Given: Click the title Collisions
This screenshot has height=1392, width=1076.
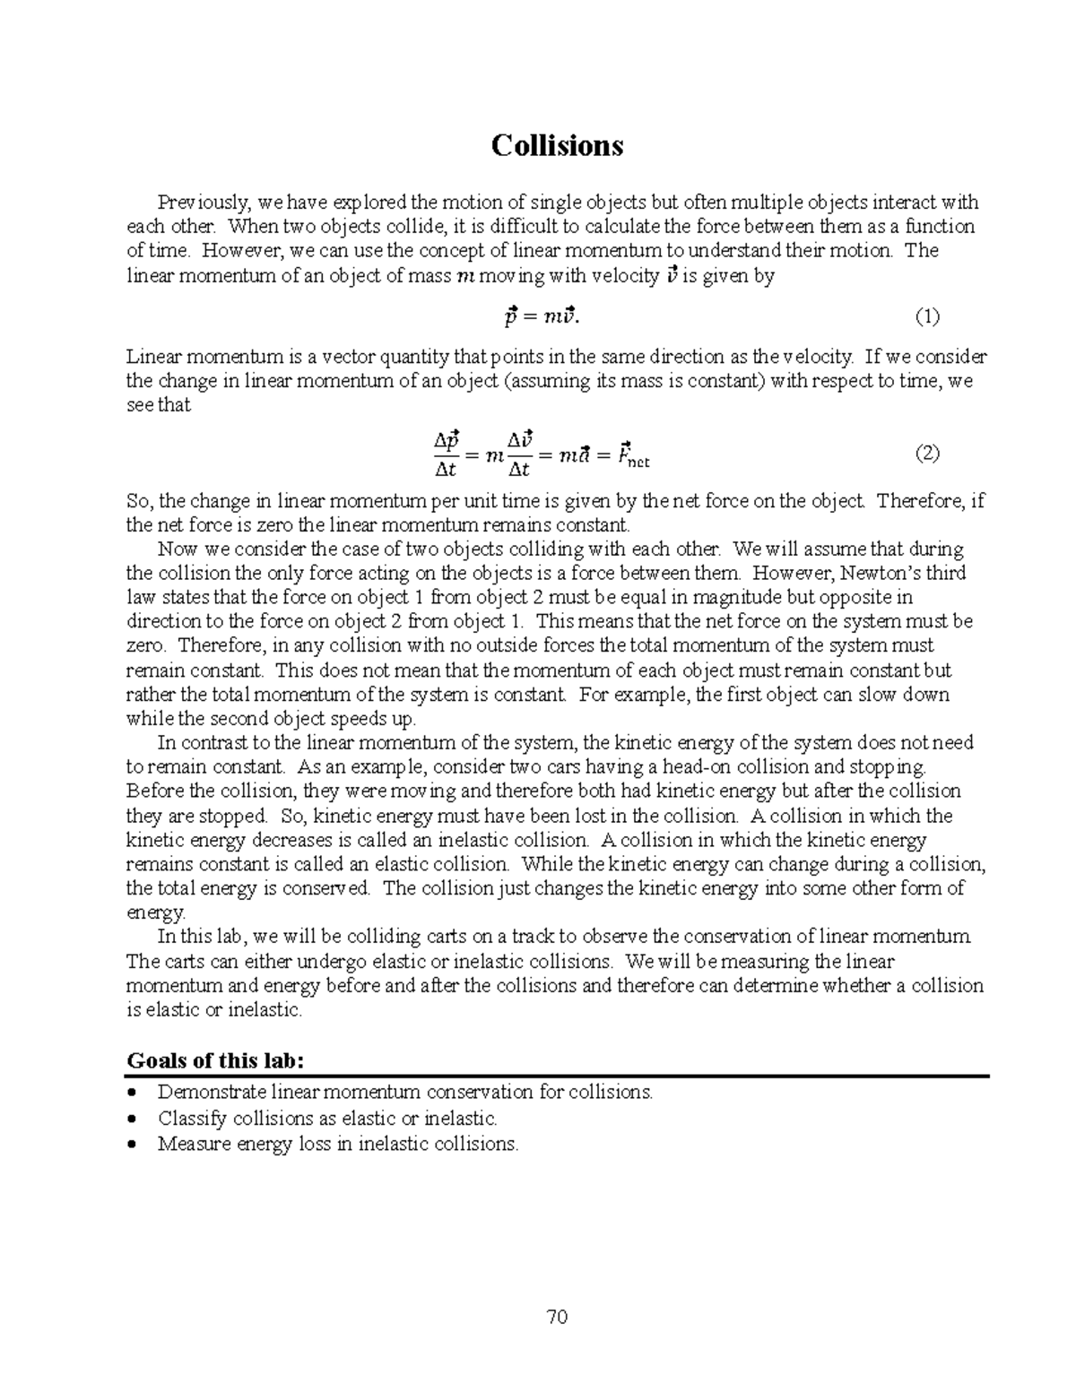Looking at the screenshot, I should tap(557, 145).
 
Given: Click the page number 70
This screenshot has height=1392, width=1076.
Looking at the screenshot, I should tap(557, 1317).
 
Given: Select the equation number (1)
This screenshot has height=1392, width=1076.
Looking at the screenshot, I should tap(926, 316).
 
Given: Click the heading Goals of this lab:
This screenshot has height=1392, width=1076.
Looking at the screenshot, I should tap(216, 1060).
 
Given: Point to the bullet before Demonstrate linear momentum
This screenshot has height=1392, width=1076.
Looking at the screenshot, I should tap(134, 1093).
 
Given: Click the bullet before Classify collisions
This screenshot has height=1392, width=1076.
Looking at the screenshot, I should tap(134, 1119).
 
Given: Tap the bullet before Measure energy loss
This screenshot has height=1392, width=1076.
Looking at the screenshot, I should tap(134, 1145).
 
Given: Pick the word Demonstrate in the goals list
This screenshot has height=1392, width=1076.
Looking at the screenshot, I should tap(212, 1093).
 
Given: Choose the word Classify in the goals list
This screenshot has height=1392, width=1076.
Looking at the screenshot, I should tap(192, 1119).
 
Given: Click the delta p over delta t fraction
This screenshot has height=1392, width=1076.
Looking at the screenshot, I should tap(447, 454).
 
